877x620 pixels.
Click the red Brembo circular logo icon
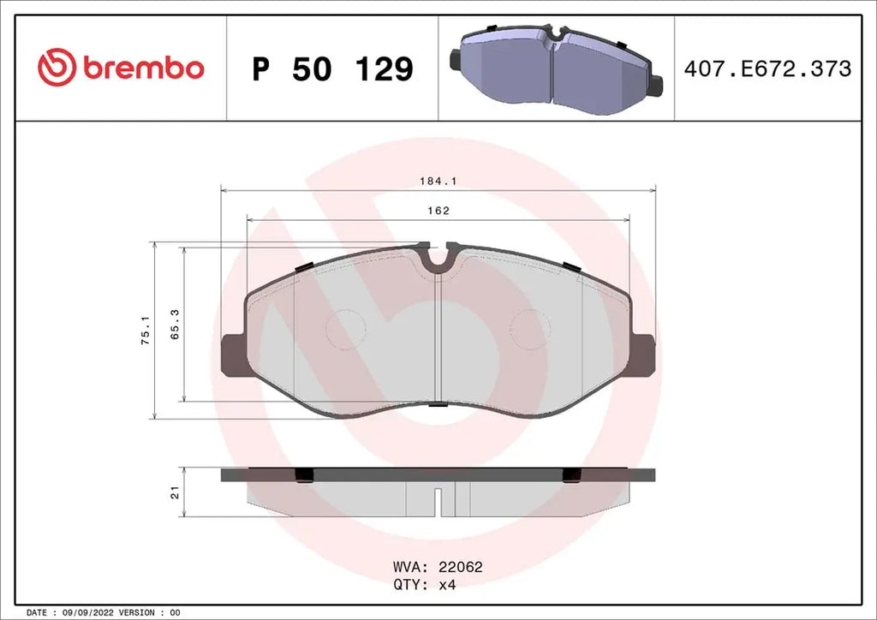(57, 68)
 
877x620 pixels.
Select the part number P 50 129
(332, 69)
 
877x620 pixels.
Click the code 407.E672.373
(767, 69)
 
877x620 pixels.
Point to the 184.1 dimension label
(436, 181)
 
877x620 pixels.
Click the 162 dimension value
(438, 211)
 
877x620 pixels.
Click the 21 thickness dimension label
(175, 492)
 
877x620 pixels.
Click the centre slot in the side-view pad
(438, 501)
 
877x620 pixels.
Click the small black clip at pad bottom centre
(438, 405)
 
